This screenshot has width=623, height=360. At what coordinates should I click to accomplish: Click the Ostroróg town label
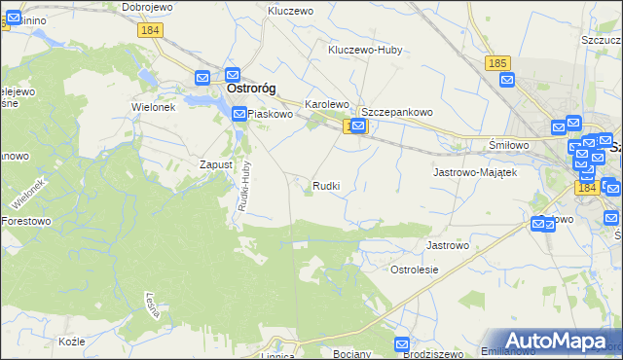251,89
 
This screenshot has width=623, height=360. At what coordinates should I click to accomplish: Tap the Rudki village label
326,185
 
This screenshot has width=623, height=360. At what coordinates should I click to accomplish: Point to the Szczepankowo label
397,112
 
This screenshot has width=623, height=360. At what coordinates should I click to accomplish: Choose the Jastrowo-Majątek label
473,171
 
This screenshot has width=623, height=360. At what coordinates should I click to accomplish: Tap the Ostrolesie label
415,269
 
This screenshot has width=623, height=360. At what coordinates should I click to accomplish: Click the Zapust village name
216,164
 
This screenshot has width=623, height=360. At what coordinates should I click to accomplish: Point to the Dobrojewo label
148,7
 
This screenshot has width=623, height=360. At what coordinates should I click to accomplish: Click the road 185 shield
497,63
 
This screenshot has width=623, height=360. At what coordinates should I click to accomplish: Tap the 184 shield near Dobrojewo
150,31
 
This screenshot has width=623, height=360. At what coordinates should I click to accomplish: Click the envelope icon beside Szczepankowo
358,126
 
